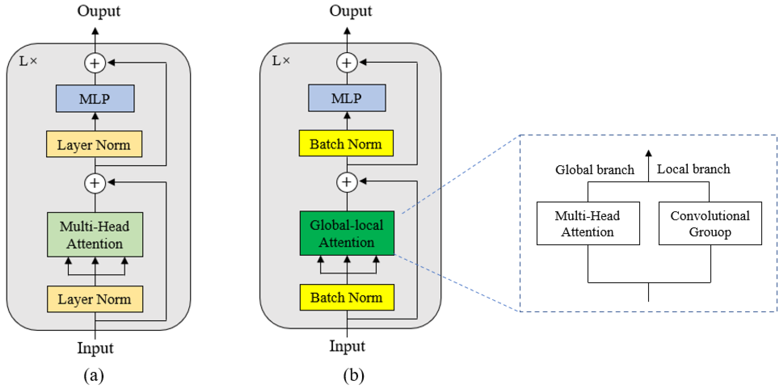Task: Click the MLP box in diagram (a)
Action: (95, 99)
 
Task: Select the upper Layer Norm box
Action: (94, 144)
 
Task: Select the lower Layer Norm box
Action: (95, 299)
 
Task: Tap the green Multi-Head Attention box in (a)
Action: (95, 235)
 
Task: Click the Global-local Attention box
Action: (347, 233)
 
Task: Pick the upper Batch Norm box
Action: (346, 144)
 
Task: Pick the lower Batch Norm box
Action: (347, 297)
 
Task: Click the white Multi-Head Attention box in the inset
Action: (588, 223)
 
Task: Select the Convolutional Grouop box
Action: (710, 223)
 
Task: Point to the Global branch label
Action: (594, 169)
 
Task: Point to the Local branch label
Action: (693, 169)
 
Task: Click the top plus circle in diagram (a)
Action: (95, 63)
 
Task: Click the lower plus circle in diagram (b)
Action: (347, 182)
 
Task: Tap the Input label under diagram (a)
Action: (95, 348)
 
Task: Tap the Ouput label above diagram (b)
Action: (350, 11)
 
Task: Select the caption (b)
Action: (353, 375)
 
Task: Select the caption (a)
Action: (94, 375)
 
